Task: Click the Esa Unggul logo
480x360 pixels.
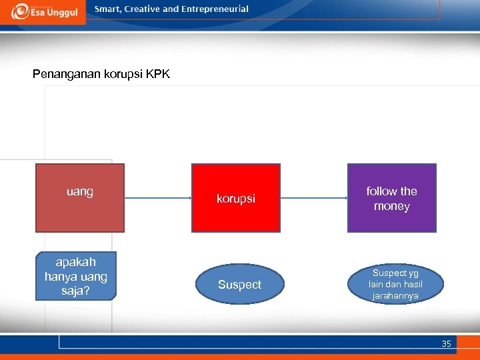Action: [x=43, y=11]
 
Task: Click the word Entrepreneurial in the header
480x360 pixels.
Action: [x=215, y=9]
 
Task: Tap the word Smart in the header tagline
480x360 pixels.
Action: [x=108, y=9]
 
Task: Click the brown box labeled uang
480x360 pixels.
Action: [x=80, y=198]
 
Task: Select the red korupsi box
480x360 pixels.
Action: [x=236, y=198]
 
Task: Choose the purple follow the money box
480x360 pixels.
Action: [x=391, y=198]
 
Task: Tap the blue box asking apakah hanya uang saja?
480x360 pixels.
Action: [x=76, y=276]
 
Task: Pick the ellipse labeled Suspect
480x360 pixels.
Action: [x=239, y=285]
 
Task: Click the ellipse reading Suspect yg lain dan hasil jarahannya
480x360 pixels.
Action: [x=395, y=285]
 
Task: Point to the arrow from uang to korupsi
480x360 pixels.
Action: [x=158, y=198]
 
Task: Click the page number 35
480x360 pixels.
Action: [x=446, y=344]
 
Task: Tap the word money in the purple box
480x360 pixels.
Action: [x=391, y=207]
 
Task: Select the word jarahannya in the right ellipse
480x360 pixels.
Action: [x=395, y=295]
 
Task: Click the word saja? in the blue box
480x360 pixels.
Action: [x=76, y=291]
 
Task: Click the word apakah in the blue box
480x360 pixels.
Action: [x=76, y=262]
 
